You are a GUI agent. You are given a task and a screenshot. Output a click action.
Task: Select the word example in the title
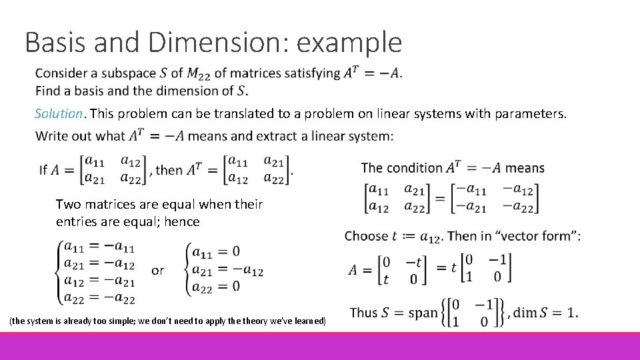349,43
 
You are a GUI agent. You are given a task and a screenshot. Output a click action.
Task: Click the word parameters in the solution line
531,113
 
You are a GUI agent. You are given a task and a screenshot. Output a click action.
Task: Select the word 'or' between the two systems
157,270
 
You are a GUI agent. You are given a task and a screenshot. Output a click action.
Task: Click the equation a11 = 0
215,251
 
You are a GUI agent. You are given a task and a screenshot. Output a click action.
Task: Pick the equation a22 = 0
215,287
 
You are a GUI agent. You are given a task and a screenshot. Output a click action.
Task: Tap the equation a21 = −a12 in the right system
227,269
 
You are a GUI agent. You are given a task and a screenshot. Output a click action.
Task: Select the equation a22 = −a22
99,299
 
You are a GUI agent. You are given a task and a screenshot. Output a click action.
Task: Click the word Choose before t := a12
366,236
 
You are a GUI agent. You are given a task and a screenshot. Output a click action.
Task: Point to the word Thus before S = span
364,312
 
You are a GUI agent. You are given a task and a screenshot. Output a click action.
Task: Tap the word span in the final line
421,312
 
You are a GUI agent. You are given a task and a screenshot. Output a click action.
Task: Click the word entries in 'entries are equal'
76,221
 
